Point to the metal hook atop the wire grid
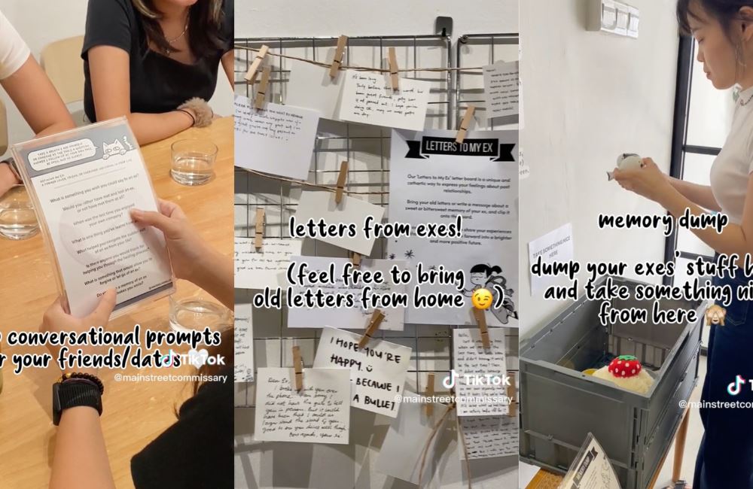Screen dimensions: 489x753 (444, 26)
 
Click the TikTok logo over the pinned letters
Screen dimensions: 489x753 (451, 379)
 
